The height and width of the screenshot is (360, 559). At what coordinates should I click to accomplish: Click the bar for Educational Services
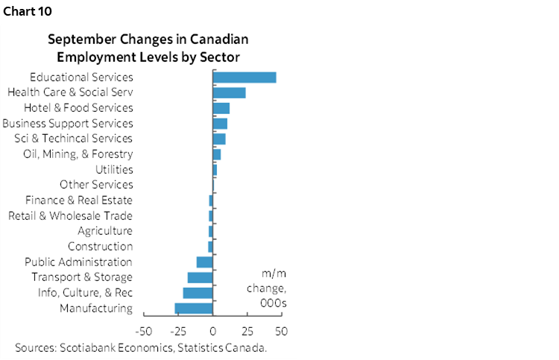pyautogui.click(x=244, y=78)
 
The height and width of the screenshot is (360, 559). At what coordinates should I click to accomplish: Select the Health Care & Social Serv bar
pyautogui.click(x=230, y=92)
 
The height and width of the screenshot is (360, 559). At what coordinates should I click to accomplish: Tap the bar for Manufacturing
pyautogui.click(x=194, y=309)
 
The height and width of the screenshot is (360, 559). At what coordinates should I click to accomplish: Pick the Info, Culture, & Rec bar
pyautogui.click(x=198, y=293)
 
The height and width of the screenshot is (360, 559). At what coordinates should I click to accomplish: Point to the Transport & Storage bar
pyautogui.click(x=200, y=277)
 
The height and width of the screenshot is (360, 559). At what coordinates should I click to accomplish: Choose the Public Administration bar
pyautogui.click(x=205, y=262)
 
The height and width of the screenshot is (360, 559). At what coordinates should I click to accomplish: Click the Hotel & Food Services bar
pyautogui.click(x=221, y=108)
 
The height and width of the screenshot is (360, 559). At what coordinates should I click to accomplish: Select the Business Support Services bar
pyautogui.click(x=220, y=124)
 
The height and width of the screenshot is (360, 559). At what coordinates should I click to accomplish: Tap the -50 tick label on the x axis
pyautogui.click(x=144, y=331)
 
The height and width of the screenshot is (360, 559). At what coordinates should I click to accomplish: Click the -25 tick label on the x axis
pyautogui.click(x=179, y=331)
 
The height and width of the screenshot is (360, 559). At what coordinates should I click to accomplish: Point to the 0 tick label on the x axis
pyautogui.click(x=213, y=331)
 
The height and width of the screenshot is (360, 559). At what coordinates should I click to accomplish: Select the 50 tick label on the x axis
pyautogui.click(x=282, y=331)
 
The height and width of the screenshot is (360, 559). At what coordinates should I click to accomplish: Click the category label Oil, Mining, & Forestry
pyautogui.click(x=78, y=154)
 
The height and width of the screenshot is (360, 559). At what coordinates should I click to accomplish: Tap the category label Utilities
pyautogui.click(x=114, y=170)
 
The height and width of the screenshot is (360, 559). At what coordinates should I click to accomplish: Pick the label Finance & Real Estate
pyautogui.click(x=78, y=200)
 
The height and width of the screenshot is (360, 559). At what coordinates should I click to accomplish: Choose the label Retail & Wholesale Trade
pyautogui.click(x=70, y=216)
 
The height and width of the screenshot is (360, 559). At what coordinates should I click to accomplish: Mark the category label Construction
pyautogui.click(x=100, y=247)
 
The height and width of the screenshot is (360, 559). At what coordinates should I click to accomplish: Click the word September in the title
pyautogui.click(x=80, y=40)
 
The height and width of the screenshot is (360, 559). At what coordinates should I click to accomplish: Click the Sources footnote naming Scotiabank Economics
pyautogui.click(x=141, y=347)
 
